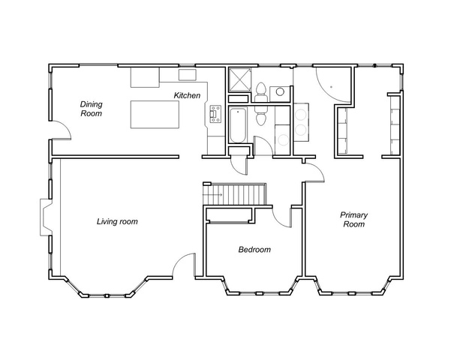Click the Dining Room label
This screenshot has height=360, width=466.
pos(92,109)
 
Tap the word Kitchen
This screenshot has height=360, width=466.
pos(187,95)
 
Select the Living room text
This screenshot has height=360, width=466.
pos(117,221)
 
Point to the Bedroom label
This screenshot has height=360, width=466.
pos(254,249)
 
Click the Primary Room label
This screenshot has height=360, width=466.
pos(354,219)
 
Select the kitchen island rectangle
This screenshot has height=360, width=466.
pos(155,114)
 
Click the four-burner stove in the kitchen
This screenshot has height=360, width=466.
pos(215,114)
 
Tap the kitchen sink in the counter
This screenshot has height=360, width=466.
pos(188,74)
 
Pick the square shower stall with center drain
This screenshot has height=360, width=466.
pos(239,79)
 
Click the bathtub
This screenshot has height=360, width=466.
pos(238,126)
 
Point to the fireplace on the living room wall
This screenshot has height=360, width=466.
pos(46,217)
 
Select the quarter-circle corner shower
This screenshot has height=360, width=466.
pos(333,85)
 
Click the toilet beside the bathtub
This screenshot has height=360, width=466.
pos(261,115)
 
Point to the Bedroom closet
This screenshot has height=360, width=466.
pos(229,215)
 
